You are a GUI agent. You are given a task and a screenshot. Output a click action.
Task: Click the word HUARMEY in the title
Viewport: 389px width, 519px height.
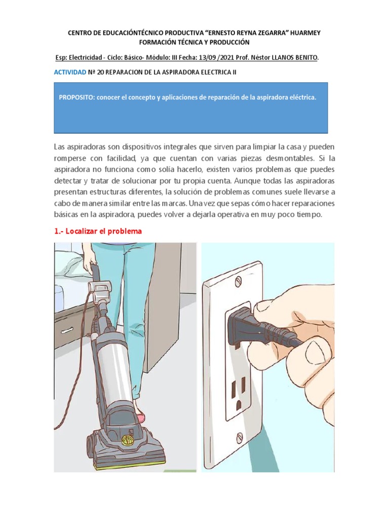point(302,32)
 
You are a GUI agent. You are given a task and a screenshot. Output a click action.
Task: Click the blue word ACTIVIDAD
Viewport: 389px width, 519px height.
point(70,72)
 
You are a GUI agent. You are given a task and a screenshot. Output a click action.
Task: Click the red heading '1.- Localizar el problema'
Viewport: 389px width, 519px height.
point(98,231)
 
